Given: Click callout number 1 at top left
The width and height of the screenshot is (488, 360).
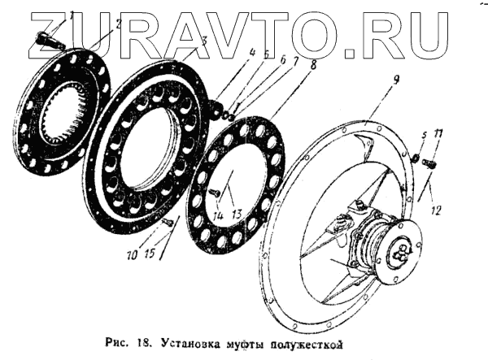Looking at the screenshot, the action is click(72, 15).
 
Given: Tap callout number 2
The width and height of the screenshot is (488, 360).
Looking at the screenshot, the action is click(119, 25).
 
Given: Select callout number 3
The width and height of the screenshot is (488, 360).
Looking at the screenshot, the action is click(204, 40).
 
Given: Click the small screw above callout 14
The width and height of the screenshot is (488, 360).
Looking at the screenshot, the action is click(215, 192).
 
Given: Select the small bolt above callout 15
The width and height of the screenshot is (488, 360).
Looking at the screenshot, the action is click(168, 220).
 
